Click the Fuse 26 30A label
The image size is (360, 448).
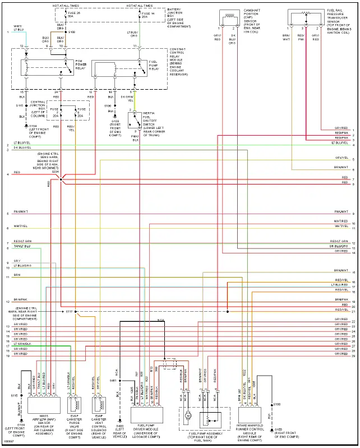coord(71,15)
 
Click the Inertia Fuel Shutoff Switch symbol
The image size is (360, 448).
coord(135,120)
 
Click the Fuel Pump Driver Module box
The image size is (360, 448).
coord(146,414)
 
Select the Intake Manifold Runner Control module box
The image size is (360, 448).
coord(251,414)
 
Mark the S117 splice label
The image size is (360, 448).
coord(69,311)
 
